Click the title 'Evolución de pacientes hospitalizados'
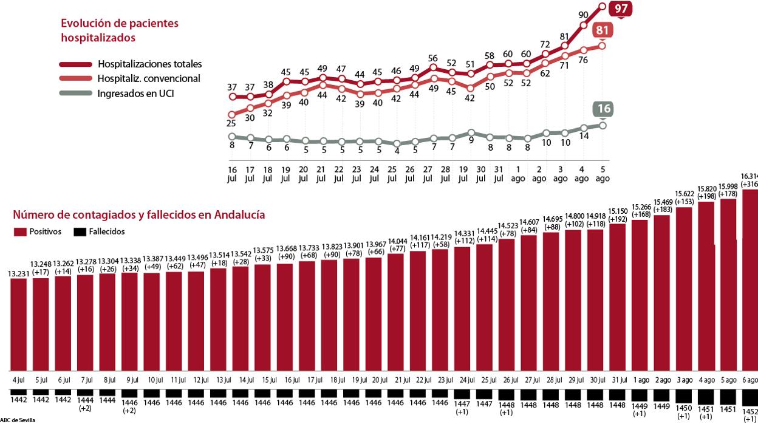[120, 30]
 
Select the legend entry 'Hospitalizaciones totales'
[149, 64]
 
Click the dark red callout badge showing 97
[621, 9]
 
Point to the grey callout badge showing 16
[603, 109]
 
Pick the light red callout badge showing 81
[603, 30]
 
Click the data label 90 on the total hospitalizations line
[583, 15]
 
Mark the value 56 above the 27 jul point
[432, 58]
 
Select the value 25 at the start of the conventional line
[231, 123]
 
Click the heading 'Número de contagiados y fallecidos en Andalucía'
[138, 215]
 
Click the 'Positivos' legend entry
[47, 231]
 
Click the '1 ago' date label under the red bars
[641, 380]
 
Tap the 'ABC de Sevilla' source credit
[18, 420]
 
